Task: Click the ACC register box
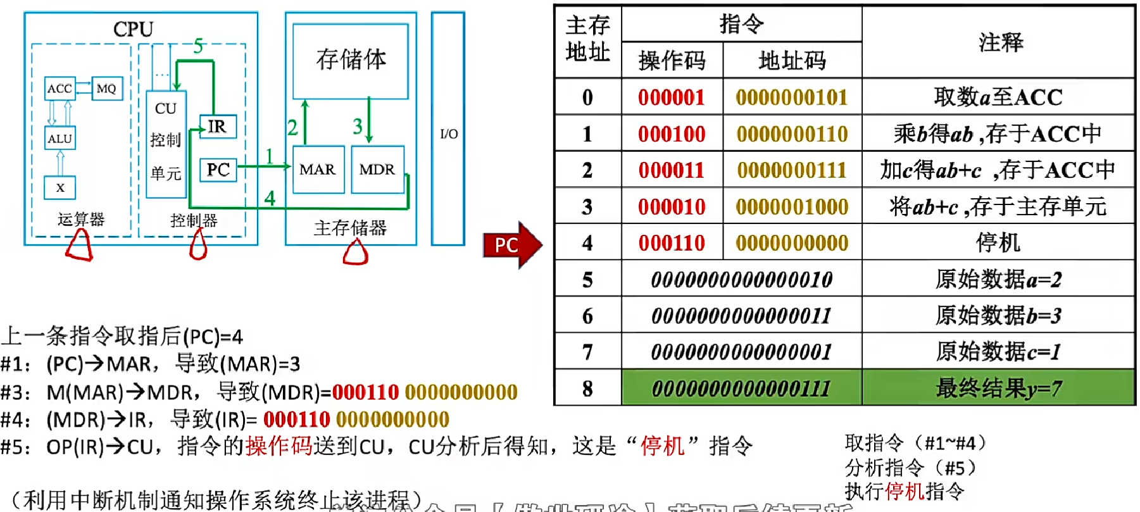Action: point(60,89)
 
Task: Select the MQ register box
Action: point(106,89)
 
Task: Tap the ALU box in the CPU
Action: point(60,139)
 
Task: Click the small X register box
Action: point(60,187)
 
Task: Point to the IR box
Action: point(218,127)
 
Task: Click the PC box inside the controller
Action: point(218,170)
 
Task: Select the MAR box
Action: point(318,170)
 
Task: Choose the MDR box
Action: point(377,170)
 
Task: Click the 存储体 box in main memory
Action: point(351,61)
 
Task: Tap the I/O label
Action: point(448,134)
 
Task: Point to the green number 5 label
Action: point(198,46)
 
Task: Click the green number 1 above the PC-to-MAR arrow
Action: point(270,156)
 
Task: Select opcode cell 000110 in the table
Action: point(672,243)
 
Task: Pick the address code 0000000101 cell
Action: point(792,97)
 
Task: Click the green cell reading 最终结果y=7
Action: point(998,388)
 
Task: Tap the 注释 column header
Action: point(1000,42)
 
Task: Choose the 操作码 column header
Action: point(672,61)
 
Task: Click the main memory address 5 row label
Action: point(587,280)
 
